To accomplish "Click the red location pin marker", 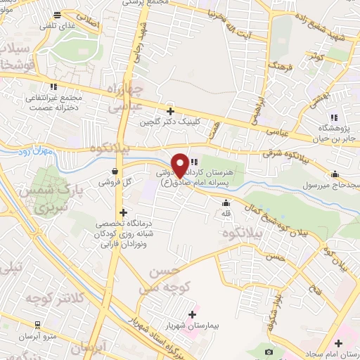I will click(180, 165).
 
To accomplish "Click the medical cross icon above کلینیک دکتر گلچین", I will click(169, 111).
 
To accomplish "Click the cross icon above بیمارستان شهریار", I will click(193, 315).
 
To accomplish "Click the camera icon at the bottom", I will click(268, 351).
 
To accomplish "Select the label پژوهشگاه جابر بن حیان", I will click(334, 131).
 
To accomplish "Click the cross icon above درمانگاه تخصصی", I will click(123, 212).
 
